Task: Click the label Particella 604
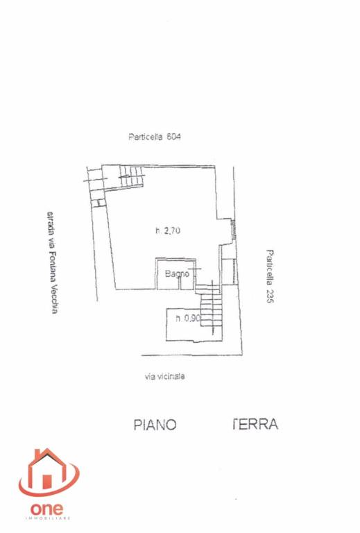point(155,137)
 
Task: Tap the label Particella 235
point(270,276)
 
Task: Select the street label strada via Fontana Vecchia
point(52,262)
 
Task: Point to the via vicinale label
point(164,376)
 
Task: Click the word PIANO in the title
point(155,425)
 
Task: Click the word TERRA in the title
point(255,424)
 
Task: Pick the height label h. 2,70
point(168,231)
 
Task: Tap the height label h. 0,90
point(188,319)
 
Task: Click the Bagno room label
point(177,273)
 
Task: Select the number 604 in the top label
point(173,137)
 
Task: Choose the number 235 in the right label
point(270,296)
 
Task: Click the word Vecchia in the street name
point(53,299)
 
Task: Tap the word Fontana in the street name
point(52,266)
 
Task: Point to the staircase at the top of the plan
point(131,176)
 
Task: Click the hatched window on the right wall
point(233,229)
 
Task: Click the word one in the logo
point(46,509)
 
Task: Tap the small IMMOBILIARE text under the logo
point(48,518)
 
